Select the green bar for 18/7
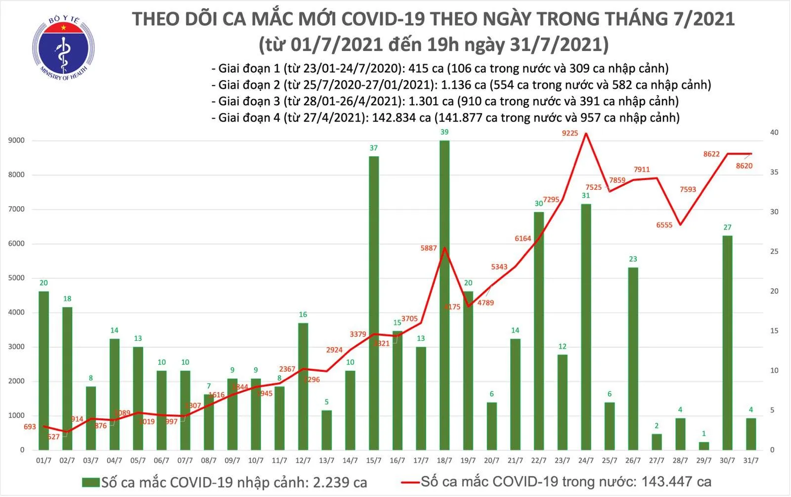click(444, 297)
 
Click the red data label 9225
click(570, 133)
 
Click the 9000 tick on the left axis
click(16, 141)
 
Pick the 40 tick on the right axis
click(774, 133)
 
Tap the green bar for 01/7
click(44, 371)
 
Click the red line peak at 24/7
click(586, 134)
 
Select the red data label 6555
click(664, 225)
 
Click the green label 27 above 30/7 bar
click(727, 227)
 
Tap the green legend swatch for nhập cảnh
click(91, 482)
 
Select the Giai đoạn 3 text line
click(445, 101)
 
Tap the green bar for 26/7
click(633, 359)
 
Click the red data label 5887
click(429, 248)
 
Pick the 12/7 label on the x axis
click(303, 461)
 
